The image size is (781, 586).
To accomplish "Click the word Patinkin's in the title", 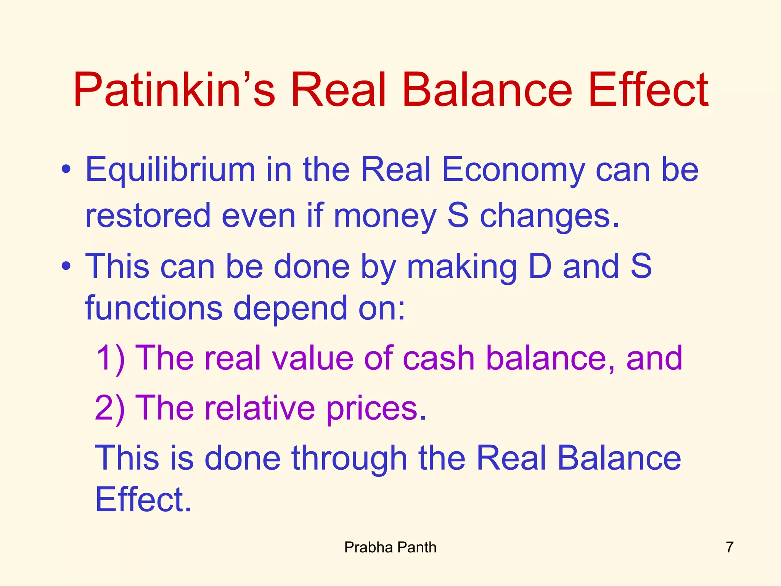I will [x=174, y=90].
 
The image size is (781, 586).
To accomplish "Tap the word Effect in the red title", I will [x=648, y=90].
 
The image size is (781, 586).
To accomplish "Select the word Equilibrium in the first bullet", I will [x=170, y=170].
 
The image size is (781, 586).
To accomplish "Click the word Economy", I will [x=513, y=170].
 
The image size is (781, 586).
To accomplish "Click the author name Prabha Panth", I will [x=390, y=547].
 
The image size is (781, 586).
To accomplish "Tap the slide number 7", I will [x=730, y=547].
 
